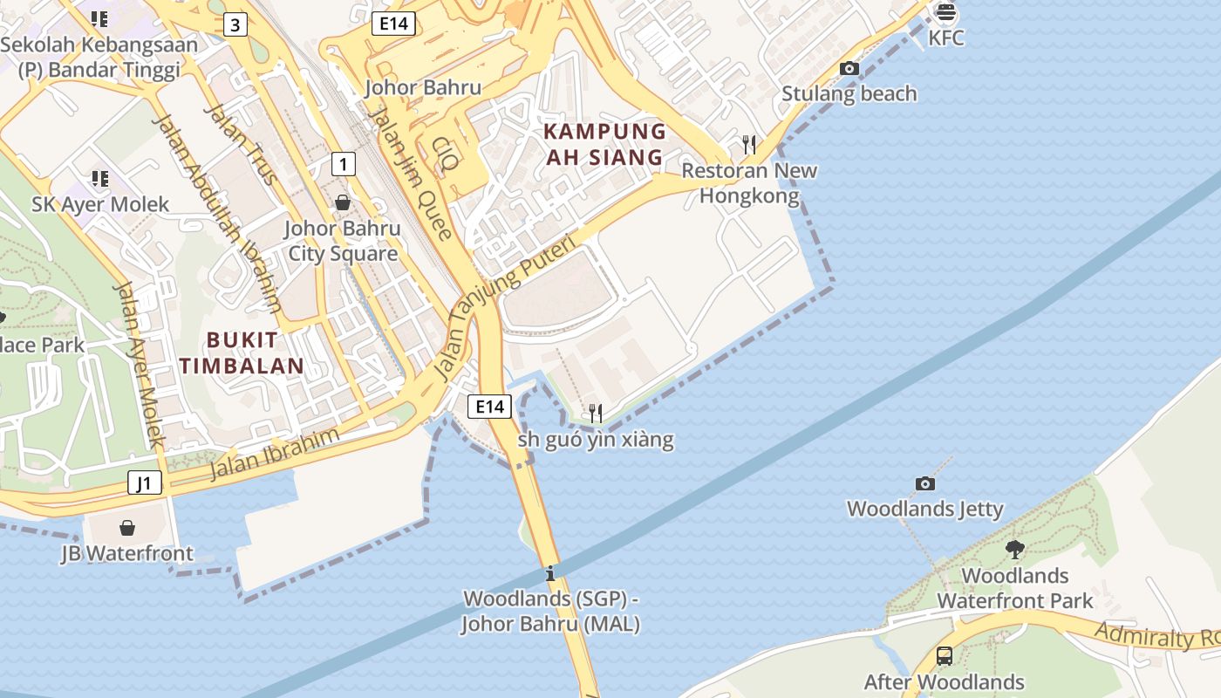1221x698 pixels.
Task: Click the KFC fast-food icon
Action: coord(945,13)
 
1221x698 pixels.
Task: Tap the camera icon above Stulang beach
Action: coord(849,68)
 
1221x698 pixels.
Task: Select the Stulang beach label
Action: coord(849,93)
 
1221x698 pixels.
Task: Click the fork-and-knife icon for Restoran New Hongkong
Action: coord(748,144)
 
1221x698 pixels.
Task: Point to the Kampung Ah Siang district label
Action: coord(604,144)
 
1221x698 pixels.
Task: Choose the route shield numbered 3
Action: coord(235,24)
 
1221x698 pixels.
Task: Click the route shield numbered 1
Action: coord(344,163)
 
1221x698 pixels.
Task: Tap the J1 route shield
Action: coord(145,482)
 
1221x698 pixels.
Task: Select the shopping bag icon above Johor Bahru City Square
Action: coord(343,202)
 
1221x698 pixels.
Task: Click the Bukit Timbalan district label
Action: coord(242,352)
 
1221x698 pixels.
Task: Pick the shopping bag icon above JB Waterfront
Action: coord(127,528)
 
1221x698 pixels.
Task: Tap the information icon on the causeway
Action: coord(549,574)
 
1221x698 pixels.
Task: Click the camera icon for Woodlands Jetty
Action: coord(924,483)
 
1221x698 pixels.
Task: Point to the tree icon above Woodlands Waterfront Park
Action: coord(1014,550)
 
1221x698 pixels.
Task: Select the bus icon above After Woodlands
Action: coord(944,655)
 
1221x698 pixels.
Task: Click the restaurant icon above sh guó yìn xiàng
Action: coord(596,413)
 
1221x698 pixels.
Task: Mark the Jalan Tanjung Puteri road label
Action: coord(505,308)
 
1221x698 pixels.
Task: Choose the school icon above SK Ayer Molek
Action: coord(100,179)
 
